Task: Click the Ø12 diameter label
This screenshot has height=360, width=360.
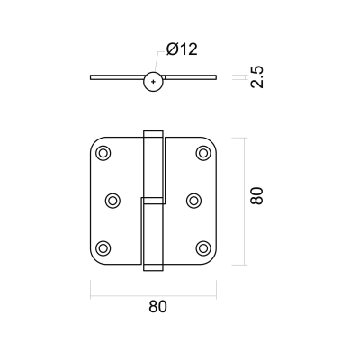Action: pyautogui.click(x=182, y=49)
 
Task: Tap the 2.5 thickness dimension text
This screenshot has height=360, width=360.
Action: pyautogui.click(x=257, y=76)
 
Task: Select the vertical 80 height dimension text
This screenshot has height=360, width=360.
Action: pyautogui.click(x=256, y=196)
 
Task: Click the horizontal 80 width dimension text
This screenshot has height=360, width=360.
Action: pyautogui.click(x=157, y=307)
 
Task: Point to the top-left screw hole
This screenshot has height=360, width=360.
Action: pyautogui.click(x=103, y=153)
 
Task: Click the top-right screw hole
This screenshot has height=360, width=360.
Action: pyautogui.click(x=203, y=153)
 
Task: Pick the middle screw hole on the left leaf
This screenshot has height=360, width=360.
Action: pyautogui.click(x=112, y=201)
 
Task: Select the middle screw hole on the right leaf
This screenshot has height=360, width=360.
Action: pyautogui.click(x=193, y=201)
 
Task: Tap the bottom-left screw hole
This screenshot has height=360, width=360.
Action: pyautogui.click(x=103, y=248)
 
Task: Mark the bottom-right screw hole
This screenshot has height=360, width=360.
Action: pyautogui.click(x=203, y=248)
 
